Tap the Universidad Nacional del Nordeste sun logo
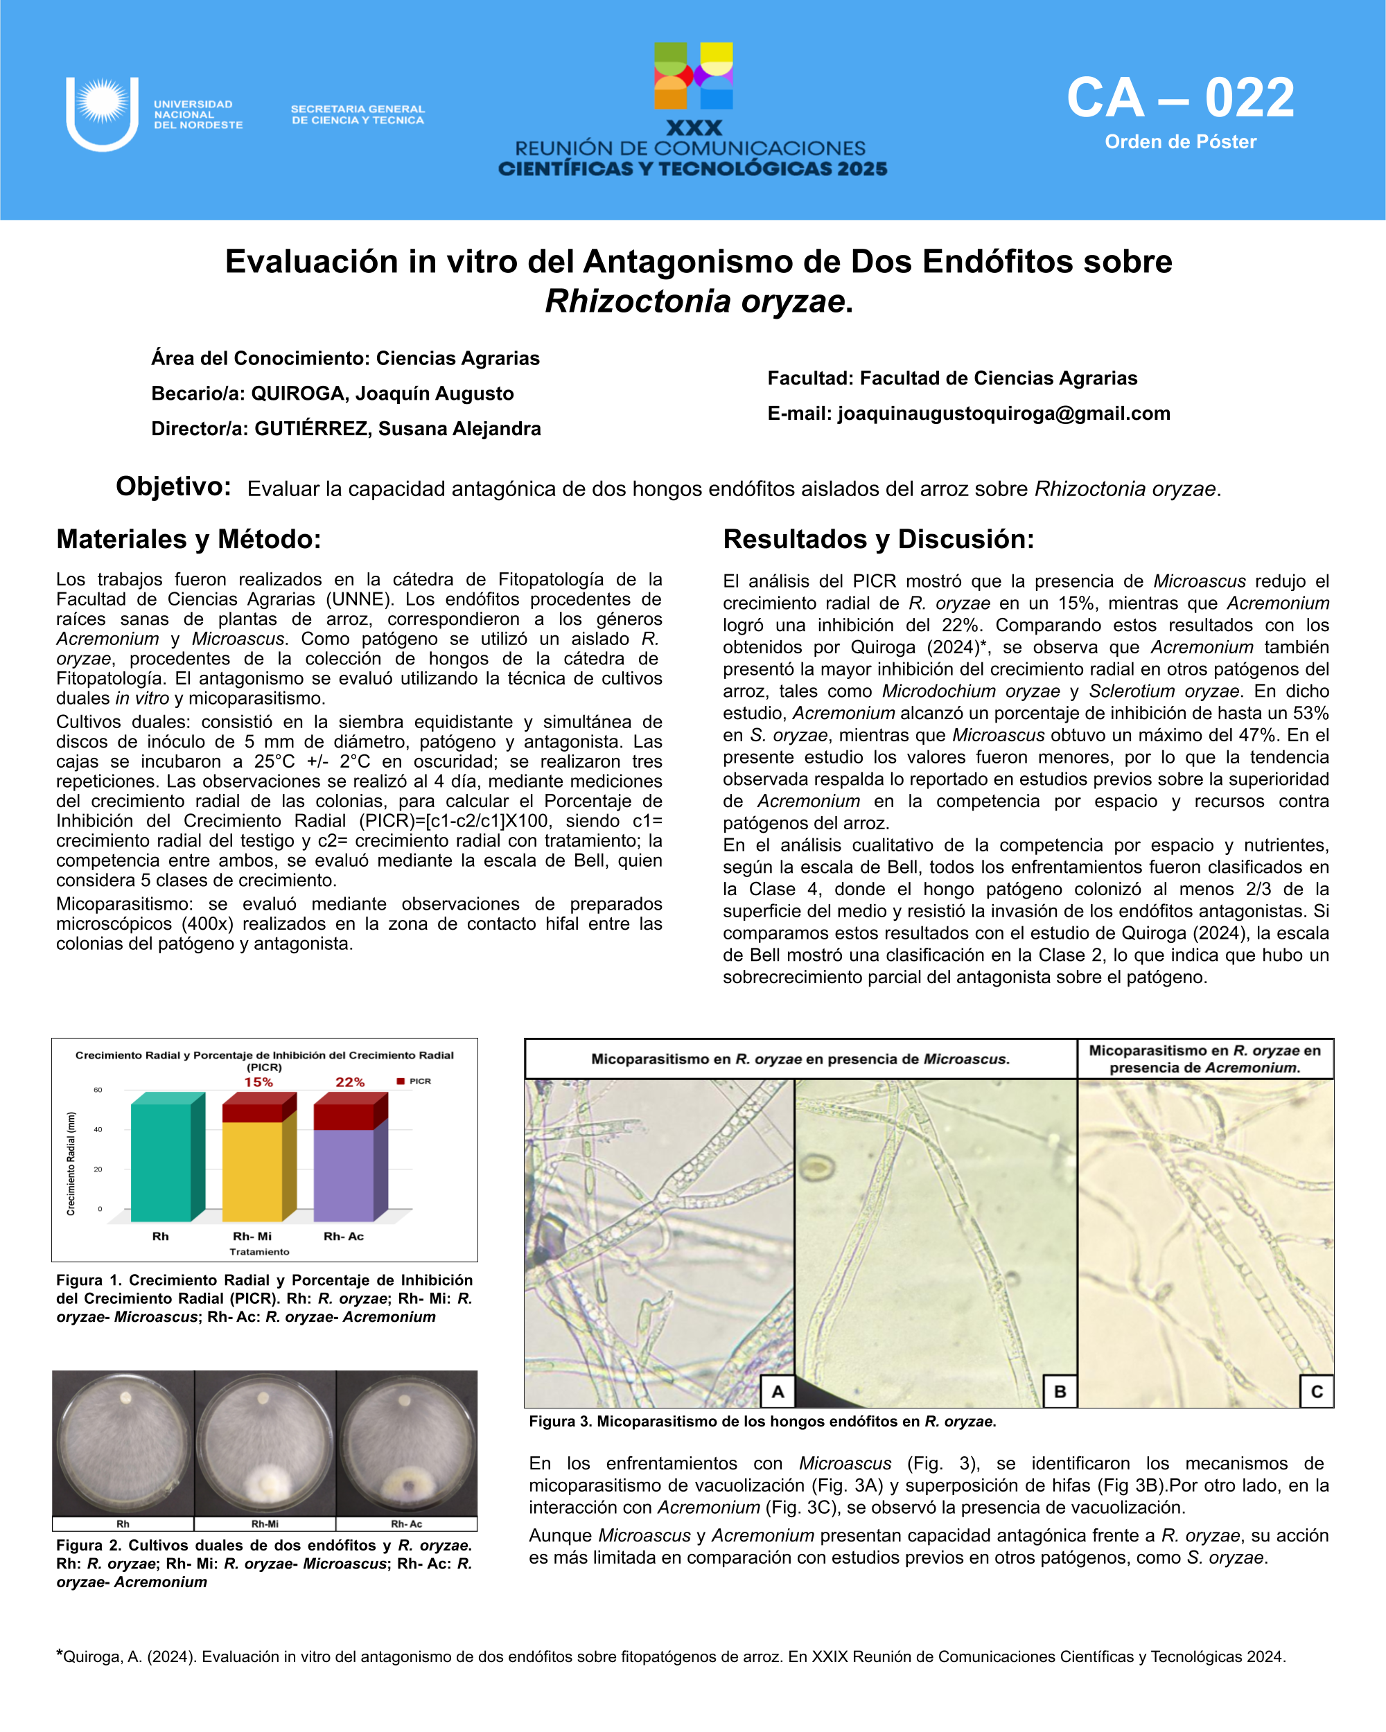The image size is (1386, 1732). tap(102, 113)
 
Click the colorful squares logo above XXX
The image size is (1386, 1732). tap(694, 76)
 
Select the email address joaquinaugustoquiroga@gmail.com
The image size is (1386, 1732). tap(1003, 414)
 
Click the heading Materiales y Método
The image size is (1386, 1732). tap(188, 539)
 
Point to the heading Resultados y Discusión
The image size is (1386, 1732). tap(878, 539)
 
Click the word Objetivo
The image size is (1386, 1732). tap(173, 486)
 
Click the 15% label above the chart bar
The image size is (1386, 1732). tap(258, 1082)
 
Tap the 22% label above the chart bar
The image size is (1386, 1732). tap(351, 1082)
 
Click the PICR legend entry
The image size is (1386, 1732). tap(414, 1081)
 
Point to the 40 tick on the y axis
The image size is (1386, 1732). tap(98, 1129)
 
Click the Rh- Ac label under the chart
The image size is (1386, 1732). tap(344, 1237)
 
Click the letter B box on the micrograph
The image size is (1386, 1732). tap(1060, 1391)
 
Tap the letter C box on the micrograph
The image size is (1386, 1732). tap(1316, 1391)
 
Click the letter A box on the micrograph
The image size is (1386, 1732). tap(778, 1391)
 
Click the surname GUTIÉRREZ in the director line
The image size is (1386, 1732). tap(311, 429)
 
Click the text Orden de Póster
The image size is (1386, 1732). tap(1180, 142)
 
